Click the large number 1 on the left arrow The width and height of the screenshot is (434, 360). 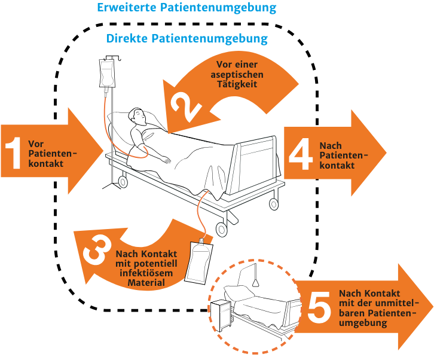13,153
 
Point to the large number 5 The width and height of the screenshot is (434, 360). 319,307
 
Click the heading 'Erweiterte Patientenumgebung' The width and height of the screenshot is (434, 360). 187,8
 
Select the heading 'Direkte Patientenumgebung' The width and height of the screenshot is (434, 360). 187,39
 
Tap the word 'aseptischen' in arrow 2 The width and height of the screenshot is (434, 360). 237,74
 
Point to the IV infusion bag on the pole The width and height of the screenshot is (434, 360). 108,73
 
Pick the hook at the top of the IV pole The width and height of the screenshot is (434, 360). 109,57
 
